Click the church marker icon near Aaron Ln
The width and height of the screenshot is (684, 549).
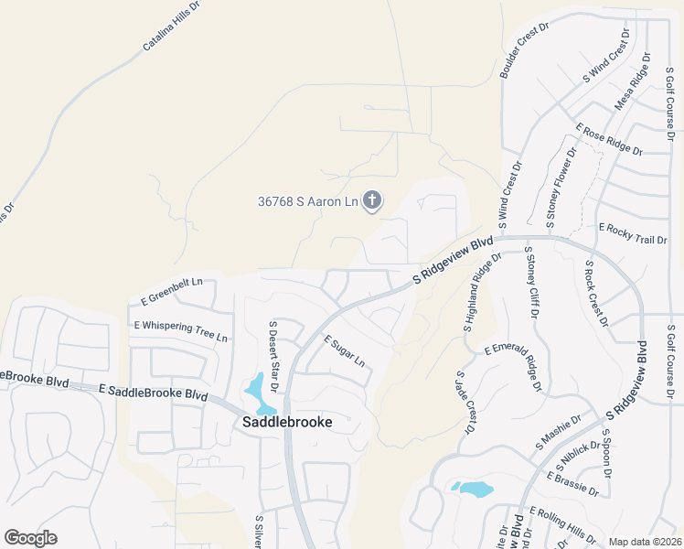(x=371, y=199)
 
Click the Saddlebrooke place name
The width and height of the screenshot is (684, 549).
(x=287, y=422)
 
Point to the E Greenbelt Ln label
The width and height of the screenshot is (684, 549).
(x=171, y=292)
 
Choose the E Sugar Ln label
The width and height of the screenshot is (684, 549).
(x=344, y=350)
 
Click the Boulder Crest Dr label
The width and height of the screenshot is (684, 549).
(x=524, y=51)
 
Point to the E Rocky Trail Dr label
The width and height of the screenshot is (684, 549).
(x=633, y=233)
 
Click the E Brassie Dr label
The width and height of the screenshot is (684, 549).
(x=572, y=484)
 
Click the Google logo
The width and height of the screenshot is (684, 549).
(x=30, y=538)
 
